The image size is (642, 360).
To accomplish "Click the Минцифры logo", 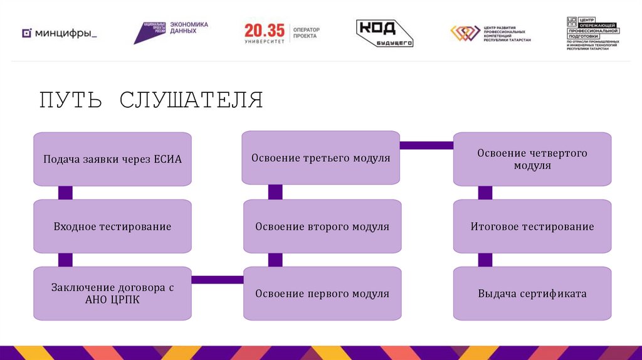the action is pos(60,33).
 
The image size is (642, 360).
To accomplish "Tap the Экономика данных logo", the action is pos(171,31).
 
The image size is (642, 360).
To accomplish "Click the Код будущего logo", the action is pos(384,33).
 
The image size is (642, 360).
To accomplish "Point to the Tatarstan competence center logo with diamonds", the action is pos(490,33).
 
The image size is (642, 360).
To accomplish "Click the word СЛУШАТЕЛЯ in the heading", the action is pos(191,100).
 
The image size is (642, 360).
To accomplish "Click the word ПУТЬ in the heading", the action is pos(70,100).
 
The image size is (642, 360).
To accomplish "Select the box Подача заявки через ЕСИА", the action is pos(112,159).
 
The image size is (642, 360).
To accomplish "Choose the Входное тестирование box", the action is pos(112,226).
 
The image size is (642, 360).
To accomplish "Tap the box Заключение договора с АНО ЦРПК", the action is pos(112,294).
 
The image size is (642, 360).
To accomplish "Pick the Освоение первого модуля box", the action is pos(322,294).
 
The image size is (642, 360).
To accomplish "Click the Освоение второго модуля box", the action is pos(322,226).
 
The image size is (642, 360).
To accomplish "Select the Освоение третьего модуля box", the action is pos(320,157).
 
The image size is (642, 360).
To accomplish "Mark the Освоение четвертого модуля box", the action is pos(532,159).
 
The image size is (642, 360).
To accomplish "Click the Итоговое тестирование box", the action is pos(532,226).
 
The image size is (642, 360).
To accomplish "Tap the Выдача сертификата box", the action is pos(532,294).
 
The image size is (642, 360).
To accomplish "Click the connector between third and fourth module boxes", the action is pos(426,146).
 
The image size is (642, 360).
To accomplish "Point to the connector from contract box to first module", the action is pos(217,280).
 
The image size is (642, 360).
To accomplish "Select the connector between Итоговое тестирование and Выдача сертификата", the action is pos(485,260).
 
